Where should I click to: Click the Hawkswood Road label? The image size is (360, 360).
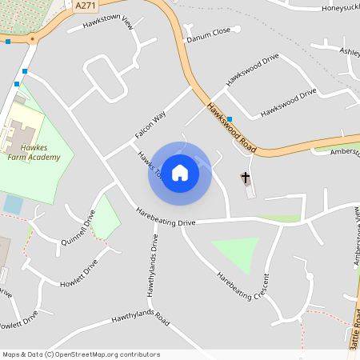pos(231,127)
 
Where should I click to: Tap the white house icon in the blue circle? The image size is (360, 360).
pos(180,172)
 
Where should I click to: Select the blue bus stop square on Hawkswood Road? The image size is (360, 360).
pos(230,118)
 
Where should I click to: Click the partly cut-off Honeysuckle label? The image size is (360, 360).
pos(330,7)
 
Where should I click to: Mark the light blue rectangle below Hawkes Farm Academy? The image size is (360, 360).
pos(13,204)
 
